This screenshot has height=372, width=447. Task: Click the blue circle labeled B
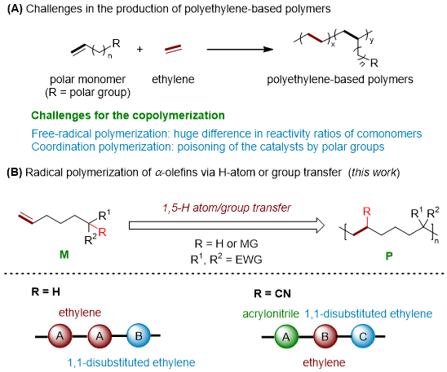139,336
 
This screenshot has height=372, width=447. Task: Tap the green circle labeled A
286,337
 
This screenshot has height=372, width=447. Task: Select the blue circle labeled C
363,337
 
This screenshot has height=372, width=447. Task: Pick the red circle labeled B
325,337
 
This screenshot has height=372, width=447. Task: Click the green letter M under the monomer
64,255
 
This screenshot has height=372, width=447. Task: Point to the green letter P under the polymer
389,256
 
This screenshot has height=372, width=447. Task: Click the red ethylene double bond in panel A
173,49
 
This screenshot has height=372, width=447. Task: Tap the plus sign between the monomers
139,49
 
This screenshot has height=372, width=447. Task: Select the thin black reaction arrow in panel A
240,49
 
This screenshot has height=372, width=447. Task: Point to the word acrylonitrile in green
271,313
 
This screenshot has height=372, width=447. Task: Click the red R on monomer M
102,232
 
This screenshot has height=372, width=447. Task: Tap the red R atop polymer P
367,212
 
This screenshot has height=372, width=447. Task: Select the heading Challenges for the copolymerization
128,116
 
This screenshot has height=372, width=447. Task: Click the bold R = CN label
272,293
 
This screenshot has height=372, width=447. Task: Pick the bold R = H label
46,291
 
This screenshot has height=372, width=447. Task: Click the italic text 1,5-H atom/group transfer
227,208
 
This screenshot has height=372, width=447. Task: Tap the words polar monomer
87,79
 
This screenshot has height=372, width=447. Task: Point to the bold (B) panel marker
14,173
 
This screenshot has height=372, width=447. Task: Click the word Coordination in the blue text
64,147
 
